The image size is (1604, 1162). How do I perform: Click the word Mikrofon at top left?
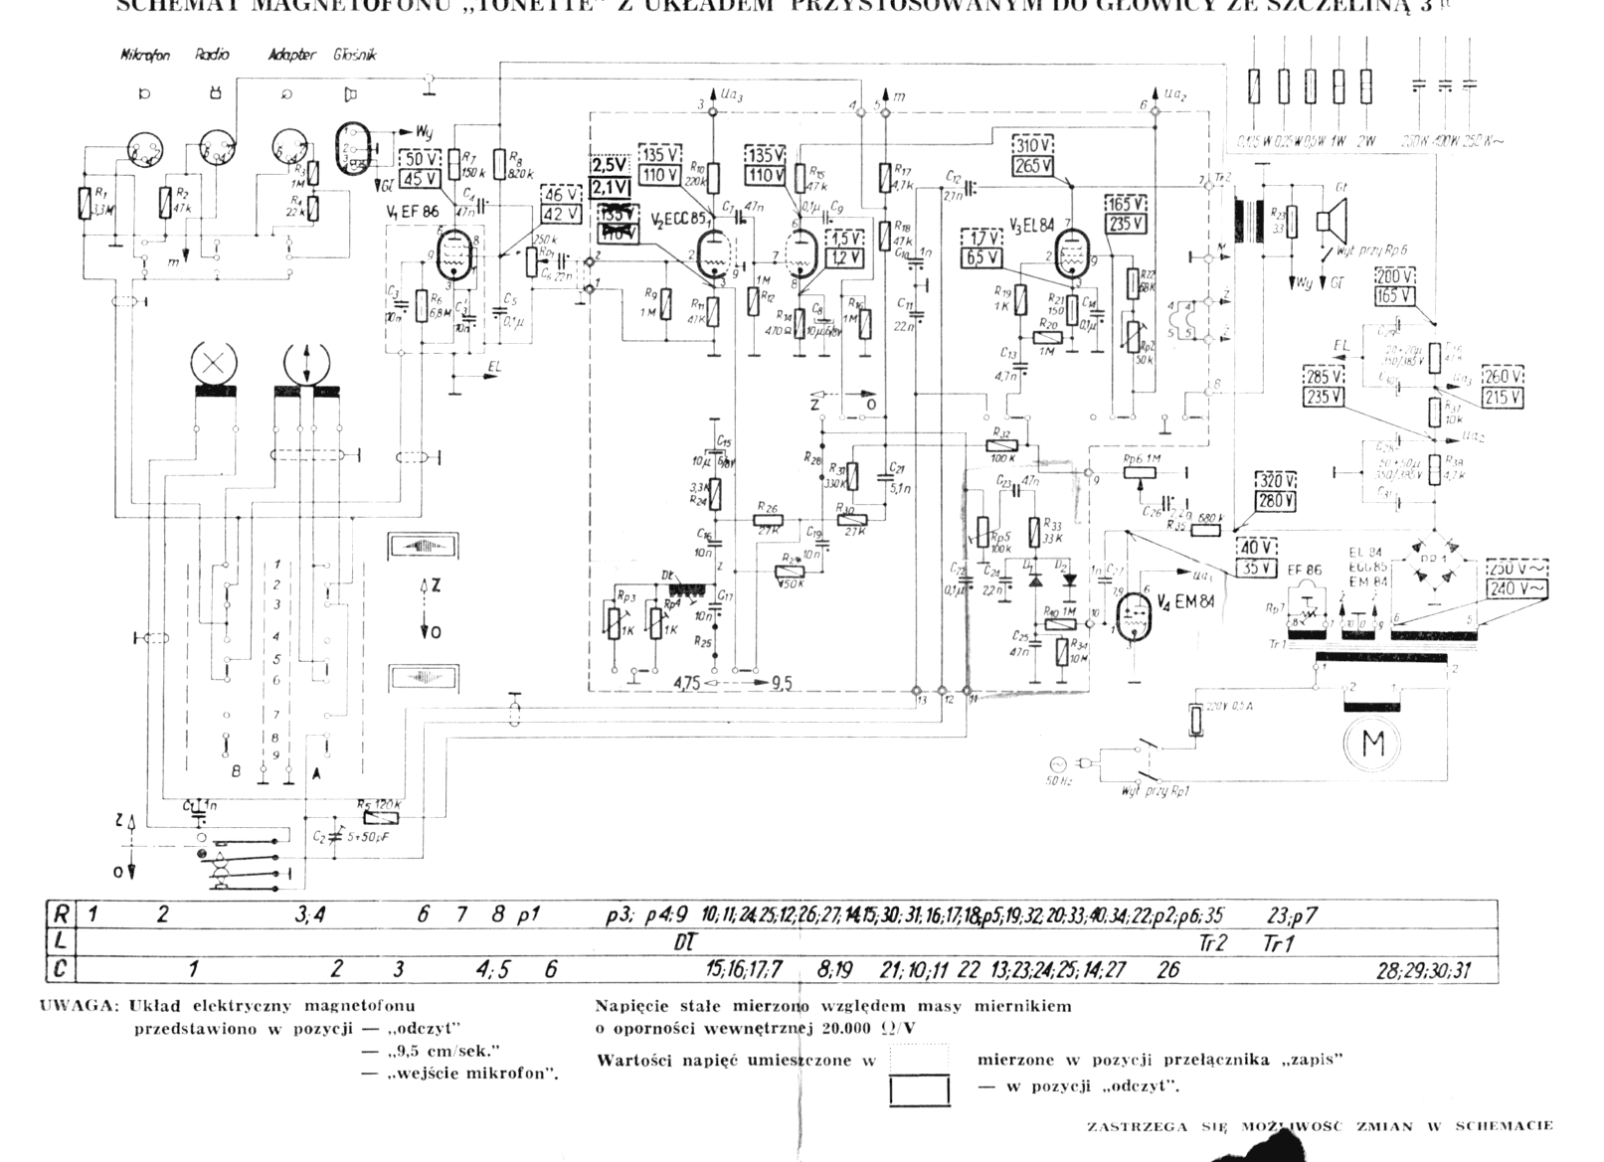(x=144, y=56)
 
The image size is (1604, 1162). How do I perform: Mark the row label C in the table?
(x=61, y=968)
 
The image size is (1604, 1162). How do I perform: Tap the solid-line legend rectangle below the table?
(x=919, y=1092)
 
